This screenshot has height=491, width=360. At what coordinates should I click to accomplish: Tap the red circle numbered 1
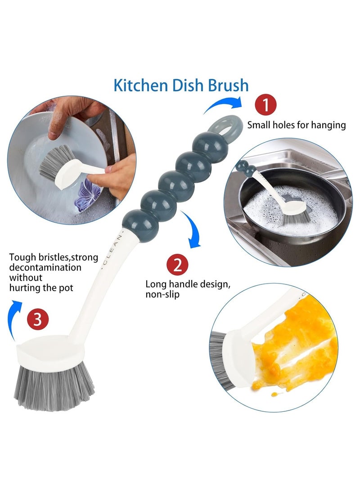pyautogui.click(x=266, y=107)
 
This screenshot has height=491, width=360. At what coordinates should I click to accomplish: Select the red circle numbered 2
pyautogui.click(x=178, y=265)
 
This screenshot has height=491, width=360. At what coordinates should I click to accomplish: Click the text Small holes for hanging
pyautogui.click(x=297, y=125)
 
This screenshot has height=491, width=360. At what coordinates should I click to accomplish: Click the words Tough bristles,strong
pyautogui.click(x=51, y=257)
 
